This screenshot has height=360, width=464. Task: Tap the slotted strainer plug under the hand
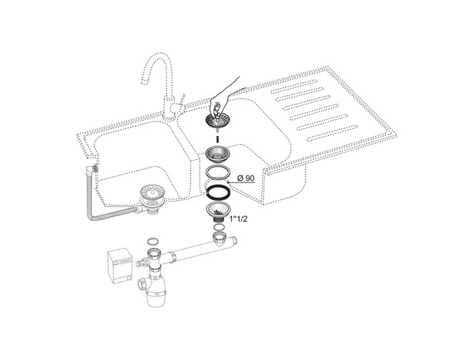tap(217, 121)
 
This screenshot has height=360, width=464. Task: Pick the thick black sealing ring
tap(219, 191)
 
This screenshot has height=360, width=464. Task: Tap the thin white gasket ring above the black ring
tap(219, 172)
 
